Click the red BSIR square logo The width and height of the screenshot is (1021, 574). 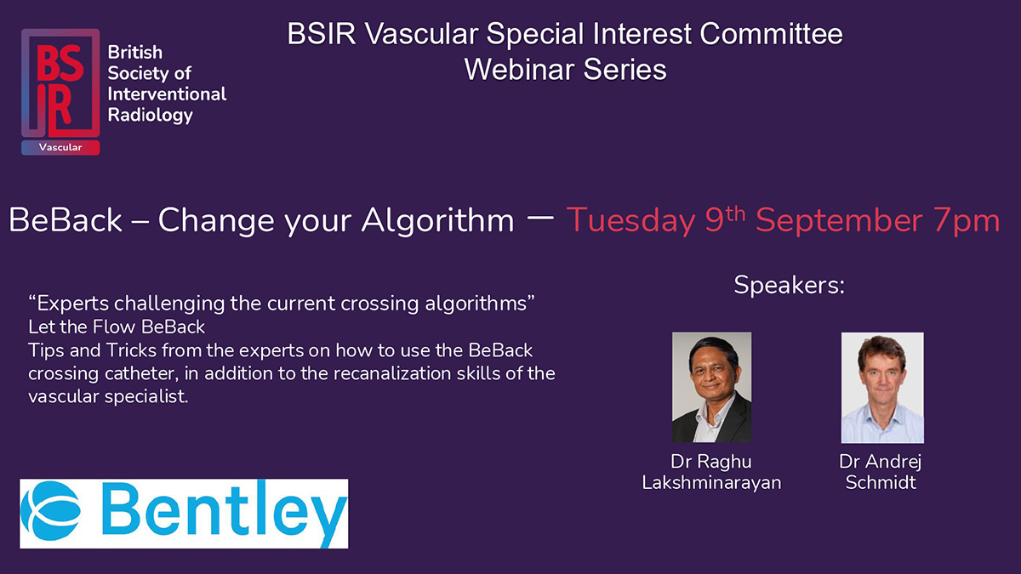pos(60,83)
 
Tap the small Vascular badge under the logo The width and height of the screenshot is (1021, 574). pos(60,148)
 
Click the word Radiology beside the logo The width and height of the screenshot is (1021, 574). pos(151,116)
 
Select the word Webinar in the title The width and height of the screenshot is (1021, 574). pos(519,70)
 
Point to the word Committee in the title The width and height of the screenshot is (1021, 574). pos(771,34)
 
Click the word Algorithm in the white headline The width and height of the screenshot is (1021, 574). pos(437,221)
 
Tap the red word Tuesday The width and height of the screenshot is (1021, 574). pos(630,221)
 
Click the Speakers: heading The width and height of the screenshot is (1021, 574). pos(789,285)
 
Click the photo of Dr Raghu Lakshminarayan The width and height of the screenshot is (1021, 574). pos(711,387)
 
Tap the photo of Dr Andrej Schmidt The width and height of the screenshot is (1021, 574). pos(882,388)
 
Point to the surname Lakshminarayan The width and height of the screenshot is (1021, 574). pos(711,482)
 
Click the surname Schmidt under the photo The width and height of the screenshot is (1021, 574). pos(881,482)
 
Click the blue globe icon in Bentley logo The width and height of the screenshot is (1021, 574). pos(51,511)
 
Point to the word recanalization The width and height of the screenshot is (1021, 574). pos(391,373)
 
